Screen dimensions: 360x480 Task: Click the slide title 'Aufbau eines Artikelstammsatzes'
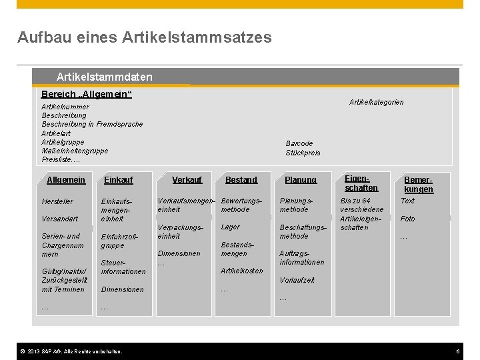pos(145,37)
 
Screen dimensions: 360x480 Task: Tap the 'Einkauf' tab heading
pos(119,180)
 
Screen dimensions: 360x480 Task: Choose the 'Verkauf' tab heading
pos(187,180)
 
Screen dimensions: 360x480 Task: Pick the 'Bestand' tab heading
pos(241,180)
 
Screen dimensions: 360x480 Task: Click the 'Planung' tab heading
pos(301,180)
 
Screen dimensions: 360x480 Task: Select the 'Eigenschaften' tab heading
pos(361,183)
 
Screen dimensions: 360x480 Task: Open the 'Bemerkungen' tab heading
pos(419,185)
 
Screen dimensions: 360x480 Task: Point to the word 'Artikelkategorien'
pos(377,103)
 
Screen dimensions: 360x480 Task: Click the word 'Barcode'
pos(299,143)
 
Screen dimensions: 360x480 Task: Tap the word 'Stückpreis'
pos(303,153)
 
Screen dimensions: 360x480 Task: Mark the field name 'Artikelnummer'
pos(65,107)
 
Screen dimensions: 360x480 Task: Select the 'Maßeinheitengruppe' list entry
pos(75,151)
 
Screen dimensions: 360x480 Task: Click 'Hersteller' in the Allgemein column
pos(57,201)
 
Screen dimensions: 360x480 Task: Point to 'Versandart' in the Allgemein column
pos(59,219)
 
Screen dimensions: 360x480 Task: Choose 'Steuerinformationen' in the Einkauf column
pos(123,267)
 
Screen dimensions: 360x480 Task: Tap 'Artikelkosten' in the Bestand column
pos(241,271)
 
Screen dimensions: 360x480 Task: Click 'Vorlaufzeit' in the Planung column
pos(297,280)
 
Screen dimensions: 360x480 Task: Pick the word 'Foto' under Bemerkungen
pos(407,219)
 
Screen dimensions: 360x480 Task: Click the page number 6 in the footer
pos(458,351)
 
